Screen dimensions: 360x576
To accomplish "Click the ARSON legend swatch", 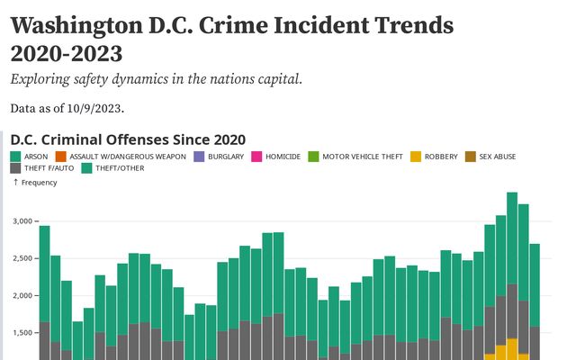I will coord(16,157).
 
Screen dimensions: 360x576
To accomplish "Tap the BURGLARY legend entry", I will coord(225,157).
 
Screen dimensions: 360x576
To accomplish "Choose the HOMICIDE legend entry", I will coord(283,157).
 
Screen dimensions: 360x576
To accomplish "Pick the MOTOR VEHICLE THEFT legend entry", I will coord(362,157).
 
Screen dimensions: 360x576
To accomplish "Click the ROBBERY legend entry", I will coord(440,157).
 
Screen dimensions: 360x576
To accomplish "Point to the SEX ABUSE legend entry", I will coord(498,157).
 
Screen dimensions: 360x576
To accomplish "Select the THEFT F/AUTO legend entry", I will coord(49,167).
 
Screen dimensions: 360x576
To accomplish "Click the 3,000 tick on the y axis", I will coord(23,220).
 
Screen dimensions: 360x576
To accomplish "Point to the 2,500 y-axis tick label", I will coord(23,258).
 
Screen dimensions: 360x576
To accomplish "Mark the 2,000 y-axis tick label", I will coord(23,295).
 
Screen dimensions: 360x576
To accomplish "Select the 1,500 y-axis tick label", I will coord(23,333).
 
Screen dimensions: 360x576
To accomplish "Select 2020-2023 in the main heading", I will coord(67,53).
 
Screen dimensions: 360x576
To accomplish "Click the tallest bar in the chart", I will coord(512,270).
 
